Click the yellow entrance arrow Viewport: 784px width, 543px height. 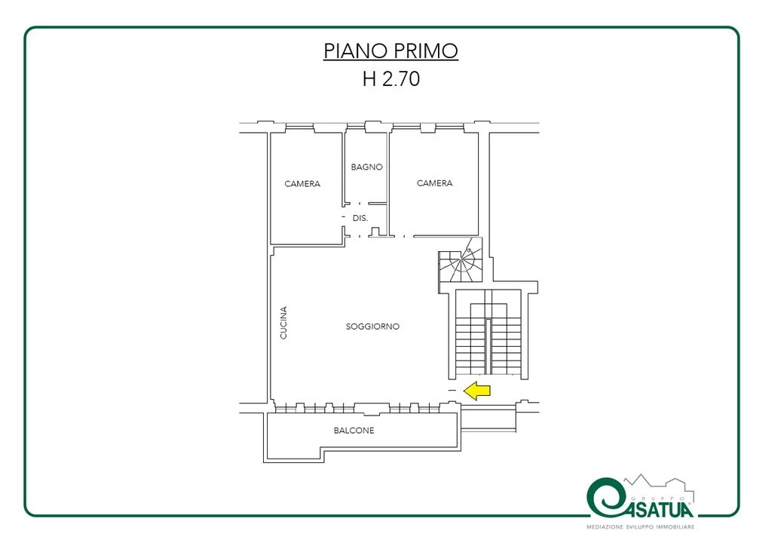click(477, 391)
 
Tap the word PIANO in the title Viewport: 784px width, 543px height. click(354, 51)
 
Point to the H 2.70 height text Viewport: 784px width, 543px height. click(391, 78)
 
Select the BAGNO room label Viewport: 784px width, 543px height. click(366, 167)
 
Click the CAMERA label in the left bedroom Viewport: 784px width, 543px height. click(302, 184)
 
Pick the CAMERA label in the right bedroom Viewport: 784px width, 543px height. click(434, 183)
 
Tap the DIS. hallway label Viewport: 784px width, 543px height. click(360, 218)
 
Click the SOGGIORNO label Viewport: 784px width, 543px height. click(372, 327)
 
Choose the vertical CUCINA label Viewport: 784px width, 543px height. click(283, 323)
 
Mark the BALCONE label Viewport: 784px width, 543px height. click(354, 431)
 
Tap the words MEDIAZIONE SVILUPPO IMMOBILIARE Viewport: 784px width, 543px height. click(641, 527)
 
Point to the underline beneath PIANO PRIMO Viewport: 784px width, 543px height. click(391, 60)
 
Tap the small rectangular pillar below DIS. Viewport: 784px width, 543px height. click(375, 232)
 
